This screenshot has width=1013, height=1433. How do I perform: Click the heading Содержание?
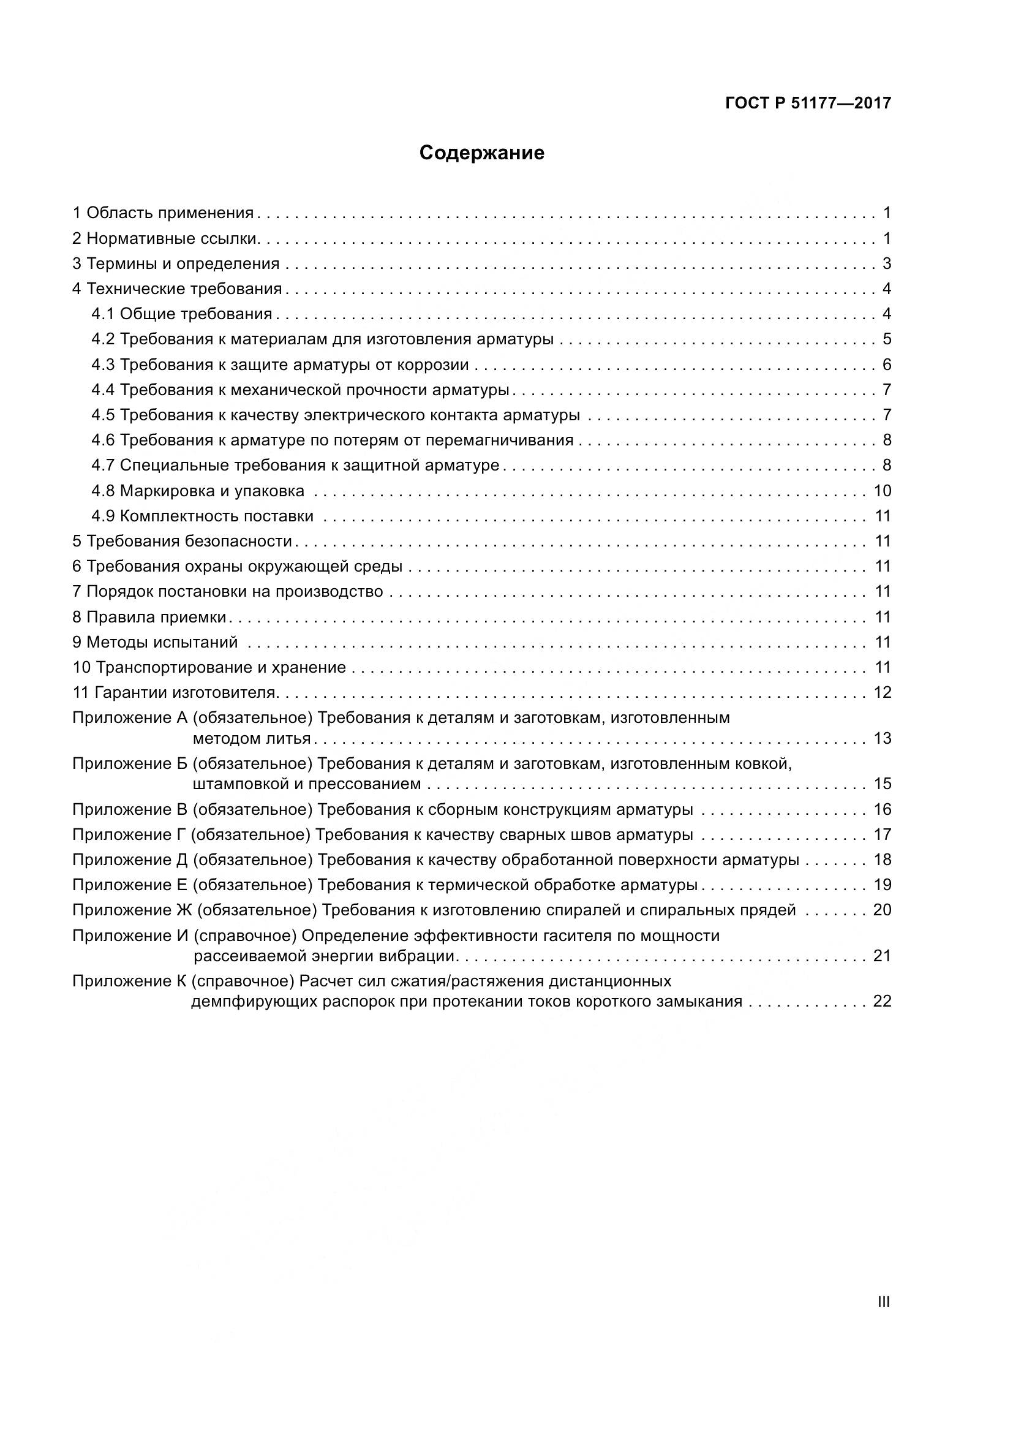[481, 153]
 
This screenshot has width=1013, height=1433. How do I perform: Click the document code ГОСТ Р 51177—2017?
[808, 104]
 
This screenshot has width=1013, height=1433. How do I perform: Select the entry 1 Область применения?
[164, 213]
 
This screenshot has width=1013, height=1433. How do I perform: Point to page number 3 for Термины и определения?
[886, 264]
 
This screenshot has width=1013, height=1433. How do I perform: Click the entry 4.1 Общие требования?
[182, 314]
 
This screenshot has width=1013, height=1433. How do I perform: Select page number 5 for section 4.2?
[886, 339]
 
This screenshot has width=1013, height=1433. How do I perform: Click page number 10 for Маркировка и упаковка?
[882, 491]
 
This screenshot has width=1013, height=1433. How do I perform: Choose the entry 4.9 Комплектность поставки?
[203, 516]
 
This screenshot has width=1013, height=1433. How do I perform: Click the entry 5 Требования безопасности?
[182, 542]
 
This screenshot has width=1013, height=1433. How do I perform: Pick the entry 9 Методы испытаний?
[156, 642]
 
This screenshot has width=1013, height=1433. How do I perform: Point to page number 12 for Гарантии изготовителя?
[882, 693]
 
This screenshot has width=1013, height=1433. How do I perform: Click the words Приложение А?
[130, 718]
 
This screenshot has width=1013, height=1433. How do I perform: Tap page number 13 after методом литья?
[882, 739]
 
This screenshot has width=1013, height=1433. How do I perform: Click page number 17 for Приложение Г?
[882, 835]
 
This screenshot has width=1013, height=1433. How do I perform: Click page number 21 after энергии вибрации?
[882, 956]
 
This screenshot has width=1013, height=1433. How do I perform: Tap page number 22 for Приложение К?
[882, 1002]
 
